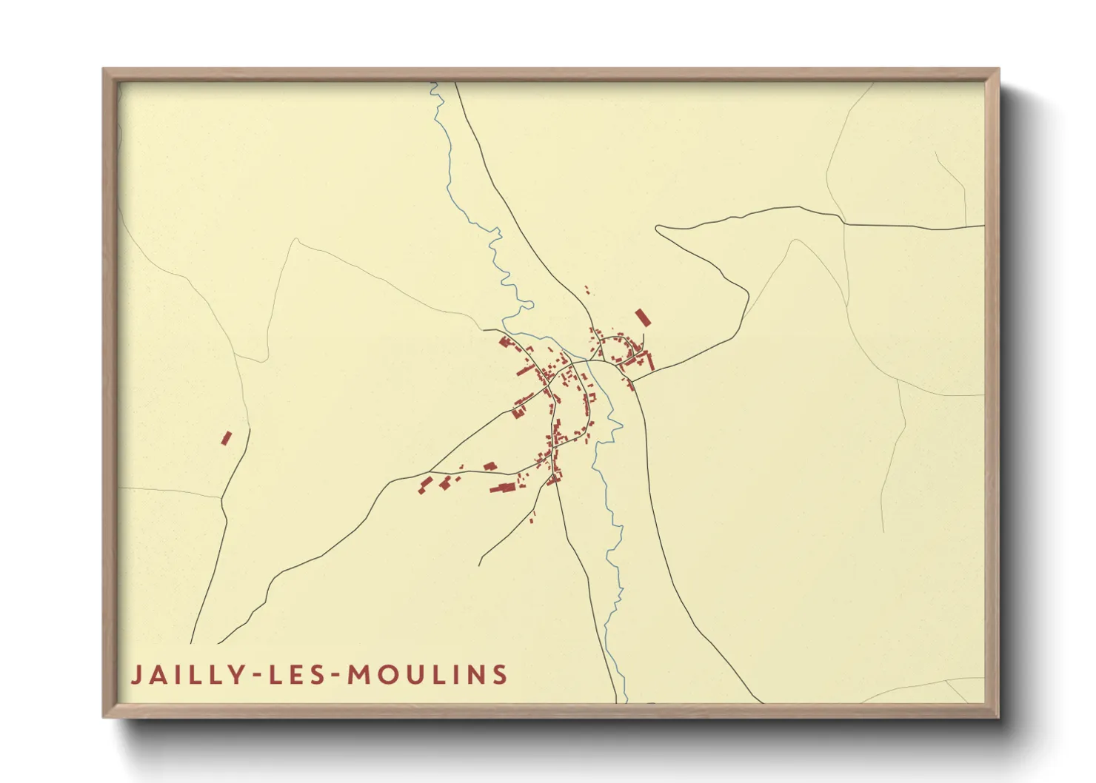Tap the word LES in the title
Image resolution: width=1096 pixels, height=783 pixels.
pos(297,675)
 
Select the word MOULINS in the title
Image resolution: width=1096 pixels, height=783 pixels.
pos(427,675)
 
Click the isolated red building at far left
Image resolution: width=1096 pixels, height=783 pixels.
pos(226,438)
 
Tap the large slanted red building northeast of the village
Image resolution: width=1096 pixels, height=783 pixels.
pos(643,317)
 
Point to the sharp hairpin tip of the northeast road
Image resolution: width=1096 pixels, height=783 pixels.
pos(657,228)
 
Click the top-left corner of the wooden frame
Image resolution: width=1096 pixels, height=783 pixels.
pos(104,70)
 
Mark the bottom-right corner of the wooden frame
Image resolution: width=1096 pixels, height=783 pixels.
pos(998,716)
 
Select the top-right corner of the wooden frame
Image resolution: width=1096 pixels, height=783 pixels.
pos(998,70)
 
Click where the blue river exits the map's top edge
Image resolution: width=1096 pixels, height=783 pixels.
pos(434,84)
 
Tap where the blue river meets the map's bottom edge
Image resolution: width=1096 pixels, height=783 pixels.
pos(624,701)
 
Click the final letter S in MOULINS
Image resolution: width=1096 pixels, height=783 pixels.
pos(501,675)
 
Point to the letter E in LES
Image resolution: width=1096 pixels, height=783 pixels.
pos(297,675)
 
